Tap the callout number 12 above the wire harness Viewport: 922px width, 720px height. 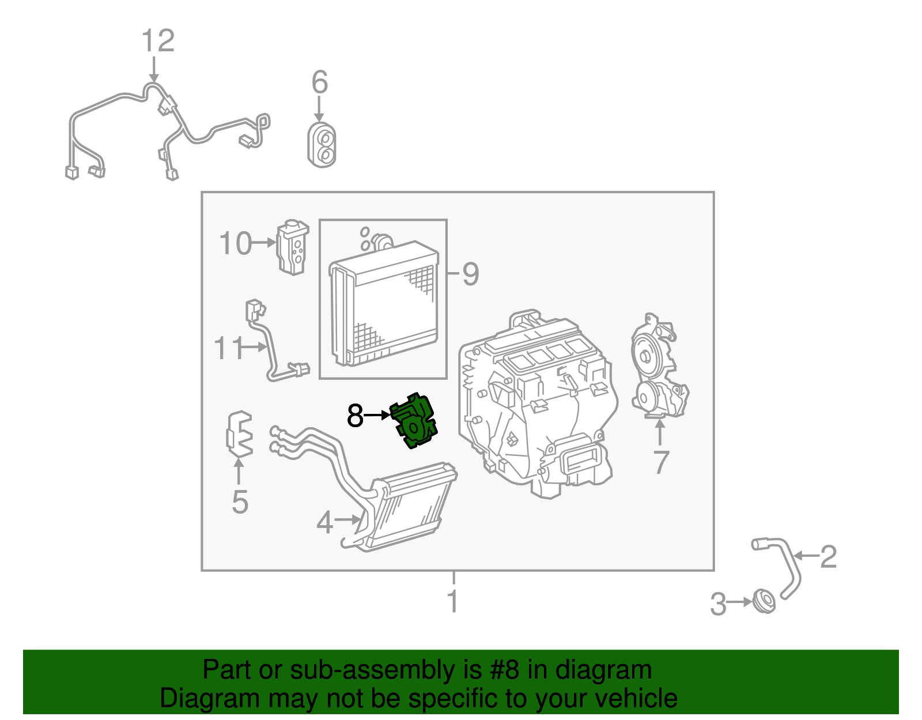157,42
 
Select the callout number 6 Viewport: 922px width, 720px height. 320,82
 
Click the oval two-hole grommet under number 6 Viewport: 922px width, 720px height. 322,145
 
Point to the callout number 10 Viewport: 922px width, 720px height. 235,244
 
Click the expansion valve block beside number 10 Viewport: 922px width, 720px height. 293,247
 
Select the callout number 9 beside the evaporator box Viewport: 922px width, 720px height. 470,274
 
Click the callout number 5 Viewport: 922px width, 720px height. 240,502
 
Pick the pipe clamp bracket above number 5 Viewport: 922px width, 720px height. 239,433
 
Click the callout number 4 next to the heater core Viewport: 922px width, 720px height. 324,522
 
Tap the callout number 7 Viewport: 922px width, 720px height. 661,462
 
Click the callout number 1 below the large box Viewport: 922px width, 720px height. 453,601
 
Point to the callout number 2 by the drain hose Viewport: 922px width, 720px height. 828,556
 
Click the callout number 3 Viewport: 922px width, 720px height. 718,604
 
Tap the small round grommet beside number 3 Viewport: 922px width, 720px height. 765,602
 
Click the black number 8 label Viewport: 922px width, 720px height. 355,416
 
